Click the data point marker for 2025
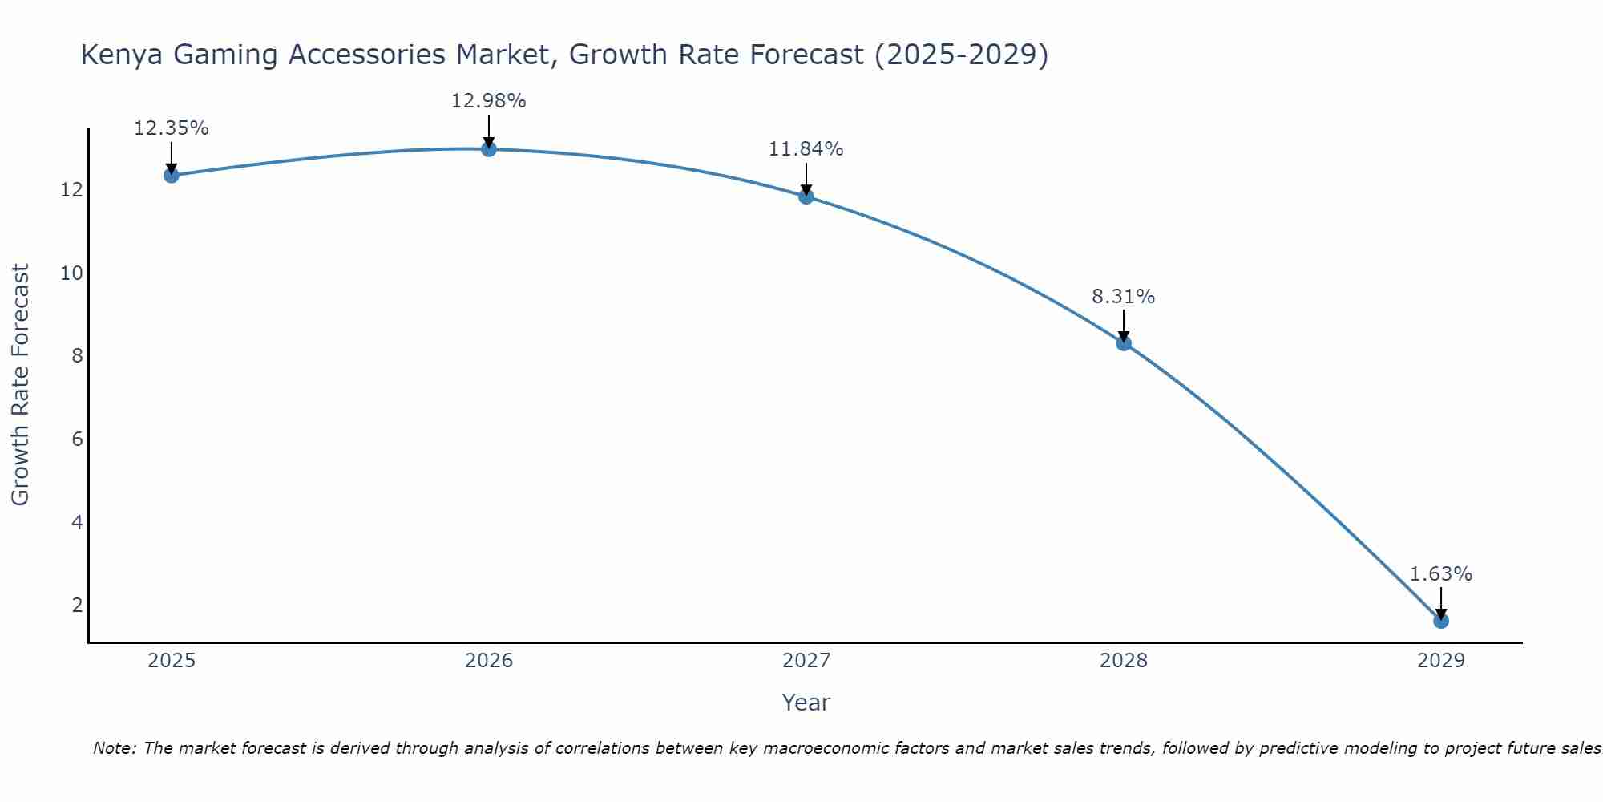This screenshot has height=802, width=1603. [x=171, y=175]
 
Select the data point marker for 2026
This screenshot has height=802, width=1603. [x=488, y=148]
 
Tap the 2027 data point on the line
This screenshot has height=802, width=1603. [x=806, y=196]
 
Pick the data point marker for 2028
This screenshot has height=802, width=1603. [x=1123, y=342]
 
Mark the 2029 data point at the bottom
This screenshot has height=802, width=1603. [x=1440, y=620]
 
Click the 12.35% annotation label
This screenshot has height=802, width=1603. [x=171, y=128]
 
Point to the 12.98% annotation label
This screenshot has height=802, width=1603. [x=488, y=101]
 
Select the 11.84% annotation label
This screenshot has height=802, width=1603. [x=806, y=149]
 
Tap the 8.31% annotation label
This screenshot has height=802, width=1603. [x=1123, y=297]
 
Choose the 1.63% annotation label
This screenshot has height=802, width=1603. [x=1440, y=574]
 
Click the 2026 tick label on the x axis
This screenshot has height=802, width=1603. [x=488, y=661]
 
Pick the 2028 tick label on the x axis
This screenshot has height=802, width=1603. [x=1123, y=661]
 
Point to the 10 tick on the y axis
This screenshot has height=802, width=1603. [x=71, y=273]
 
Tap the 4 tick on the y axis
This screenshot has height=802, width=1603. [x=77, y=523]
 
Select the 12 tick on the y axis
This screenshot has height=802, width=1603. [x=71, y=190]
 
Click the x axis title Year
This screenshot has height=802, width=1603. [x=806, y=703]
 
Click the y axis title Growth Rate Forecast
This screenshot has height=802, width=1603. [x=20, y=385]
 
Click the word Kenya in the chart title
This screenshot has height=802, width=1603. [x=122, y=55]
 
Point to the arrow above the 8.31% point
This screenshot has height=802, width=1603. [x=1123, y=325]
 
